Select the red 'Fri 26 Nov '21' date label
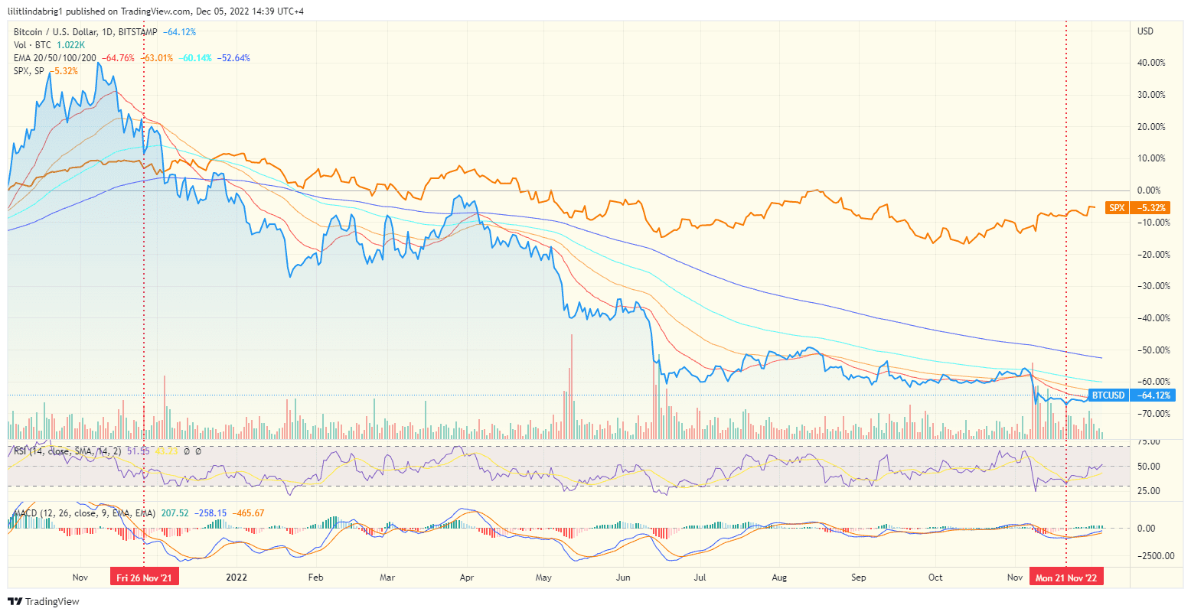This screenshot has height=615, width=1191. point(144,578)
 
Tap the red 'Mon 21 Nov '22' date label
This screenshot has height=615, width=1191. point(1066,578)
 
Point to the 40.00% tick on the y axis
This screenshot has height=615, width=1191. point(1151,63)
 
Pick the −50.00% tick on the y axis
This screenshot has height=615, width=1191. point(1151,350)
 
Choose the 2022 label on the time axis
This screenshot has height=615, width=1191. point(237,578)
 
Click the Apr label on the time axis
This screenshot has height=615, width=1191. point(466,578)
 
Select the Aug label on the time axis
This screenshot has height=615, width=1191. point(779,578)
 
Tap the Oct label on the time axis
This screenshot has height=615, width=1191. point(935,578)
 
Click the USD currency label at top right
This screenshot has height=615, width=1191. point(1146,31)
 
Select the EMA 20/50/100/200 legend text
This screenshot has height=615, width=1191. point(55,58)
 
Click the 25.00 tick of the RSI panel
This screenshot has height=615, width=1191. point(1149,491)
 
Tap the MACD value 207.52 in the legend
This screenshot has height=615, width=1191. point(175,513)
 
